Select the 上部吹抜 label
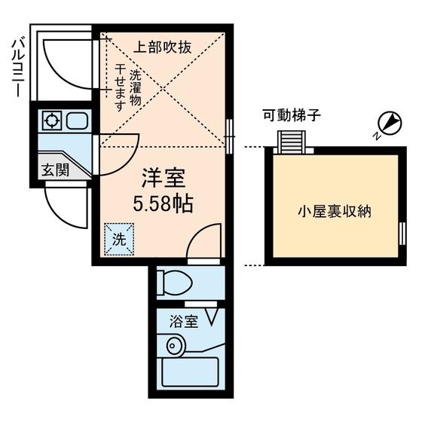coord(163,47)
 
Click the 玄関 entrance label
coord(56,170)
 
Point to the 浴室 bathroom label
coord(184,322)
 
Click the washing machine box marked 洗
coord(119,239)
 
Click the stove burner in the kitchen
coord(52,121)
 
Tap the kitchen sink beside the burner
coord(76,121)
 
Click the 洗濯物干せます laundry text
coord(127,90)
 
